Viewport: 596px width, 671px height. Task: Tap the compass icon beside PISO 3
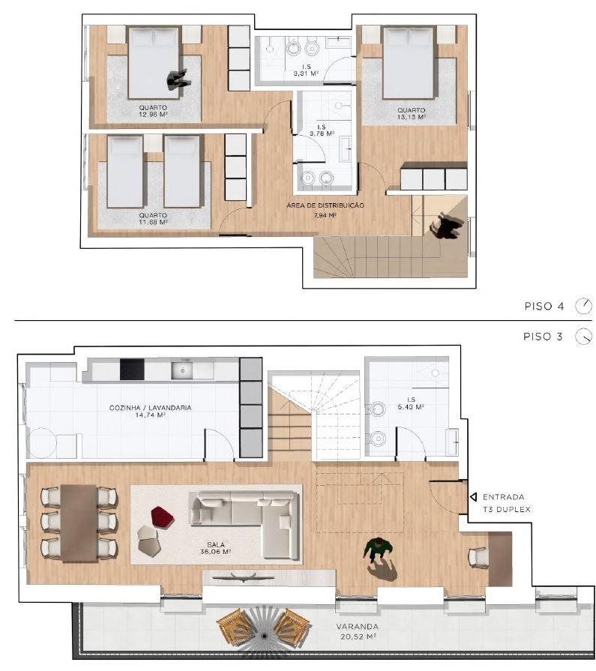click(583, 337)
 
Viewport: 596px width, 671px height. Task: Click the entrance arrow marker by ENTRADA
click(473, 496)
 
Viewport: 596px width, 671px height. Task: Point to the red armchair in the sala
click(161, 516)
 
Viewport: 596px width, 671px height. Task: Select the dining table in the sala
click(79, 522)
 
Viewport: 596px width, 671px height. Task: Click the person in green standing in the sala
click(379, 550)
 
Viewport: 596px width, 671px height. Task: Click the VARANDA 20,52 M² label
click(358, 631)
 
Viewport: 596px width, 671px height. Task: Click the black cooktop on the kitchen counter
click(131, 369)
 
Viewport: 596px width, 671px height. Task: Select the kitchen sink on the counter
click(182, 370)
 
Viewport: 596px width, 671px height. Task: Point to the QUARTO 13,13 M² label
click(412, 113)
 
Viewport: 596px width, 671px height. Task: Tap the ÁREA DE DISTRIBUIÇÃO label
click(325, 209)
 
